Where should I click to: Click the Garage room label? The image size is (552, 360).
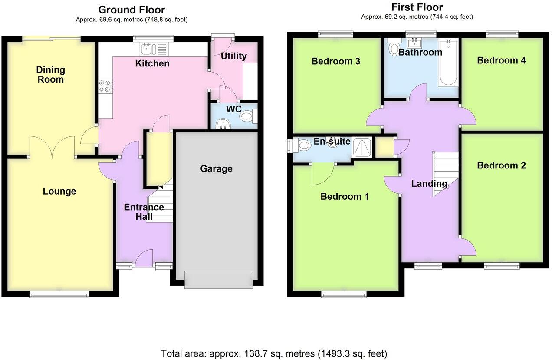(216, 168)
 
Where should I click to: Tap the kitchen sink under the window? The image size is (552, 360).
(153, 49)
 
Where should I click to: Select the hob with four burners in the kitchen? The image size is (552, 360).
(105, 86)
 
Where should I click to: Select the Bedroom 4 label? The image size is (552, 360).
(501, 60)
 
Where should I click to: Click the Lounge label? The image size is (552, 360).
(59, 191)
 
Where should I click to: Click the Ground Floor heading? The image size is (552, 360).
(131, 10)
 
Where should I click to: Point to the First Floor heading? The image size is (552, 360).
(417, 7)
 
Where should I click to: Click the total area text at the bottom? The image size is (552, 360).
(274, 353)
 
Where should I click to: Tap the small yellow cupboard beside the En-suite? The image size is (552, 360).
(384, 146)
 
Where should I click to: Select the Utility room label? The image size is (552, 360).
(233, 56)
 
